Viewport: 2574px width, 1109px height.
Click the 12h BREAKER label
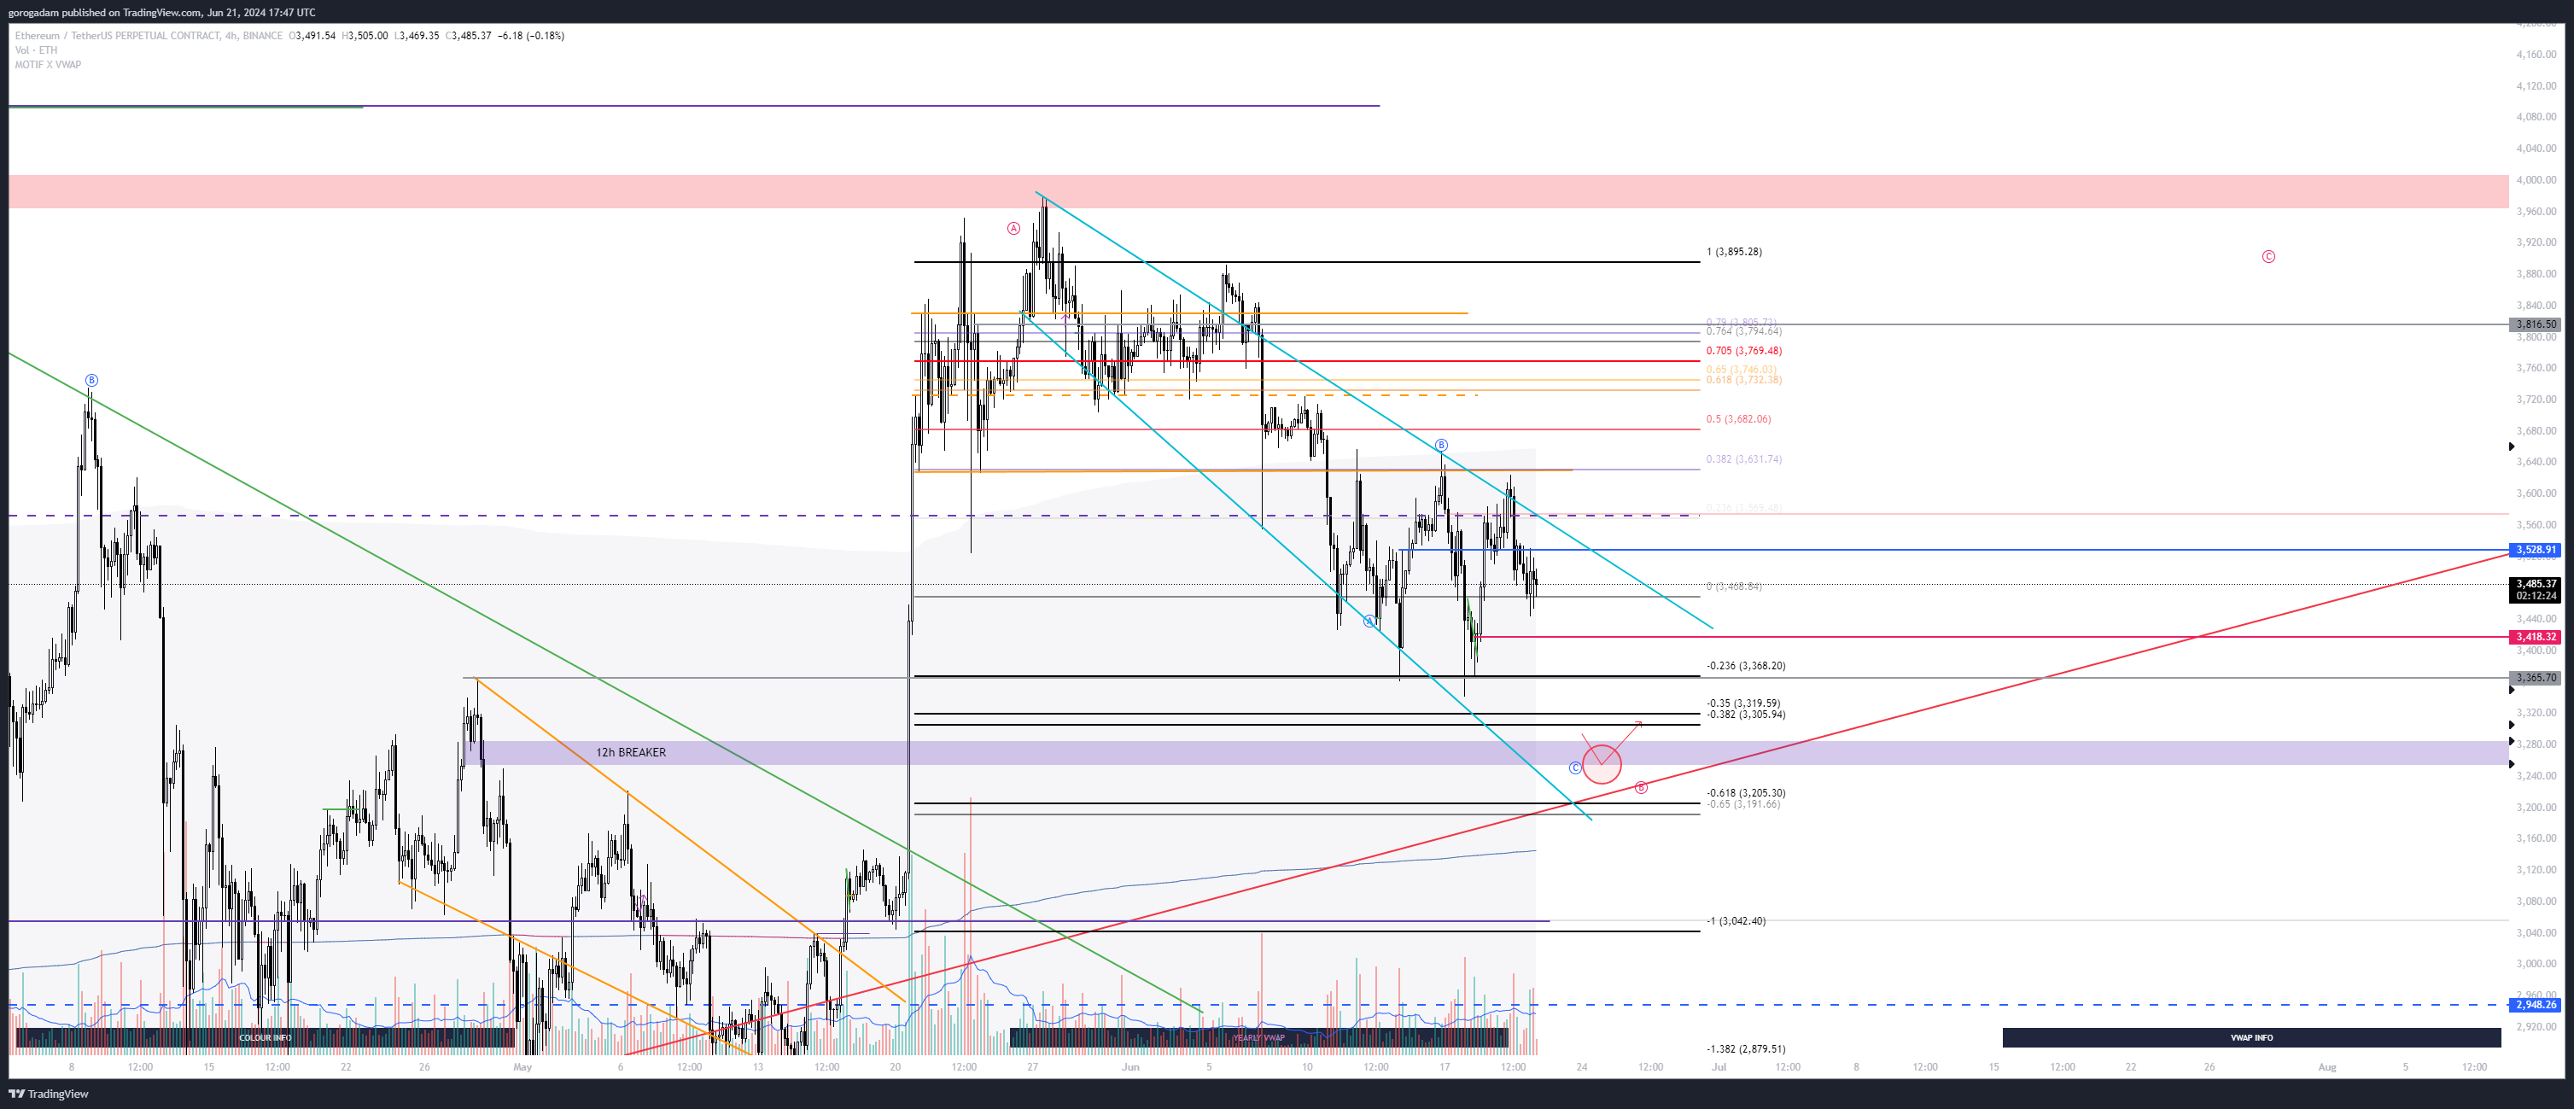631,752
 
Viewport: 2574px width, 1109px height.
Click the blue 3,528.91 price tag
2535,550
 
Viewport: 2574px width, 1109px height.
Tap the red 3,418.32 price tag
2535,636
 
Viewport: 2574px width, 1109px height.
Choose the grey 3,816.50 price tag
2535,324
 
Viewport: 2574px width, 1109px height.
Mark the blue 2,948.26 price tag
2535,1004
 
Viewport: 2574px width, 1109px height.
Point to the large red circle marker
1602,763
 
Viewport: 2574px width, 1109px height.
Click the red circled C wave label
2268,257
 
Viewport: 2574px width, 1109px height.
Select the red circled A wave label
1013,229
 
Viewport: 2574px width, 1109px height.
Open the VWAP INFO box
2250,1037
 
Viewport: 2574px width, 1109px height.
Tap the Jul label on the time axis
1719,1067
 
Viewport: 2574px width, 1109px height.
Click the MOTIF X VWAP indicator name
48,65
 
